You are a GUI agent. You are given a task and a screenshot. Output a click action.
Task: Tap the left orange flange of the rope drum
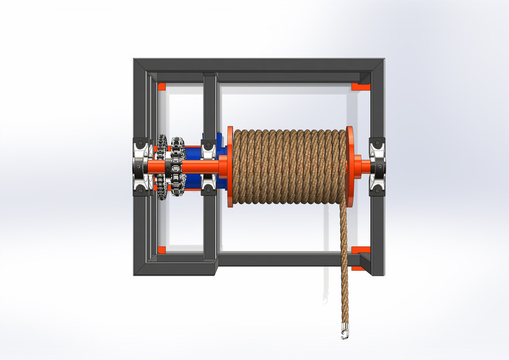point(229,166)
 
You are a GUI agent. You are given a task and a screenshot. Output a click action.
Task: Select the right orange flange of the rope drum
point(351,166)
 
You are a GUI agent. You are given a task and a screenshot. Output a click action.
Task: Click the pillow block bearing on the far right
point(377,166)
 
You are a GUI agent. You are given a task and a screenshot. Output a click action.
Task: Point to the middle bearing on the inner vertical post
point(209,167)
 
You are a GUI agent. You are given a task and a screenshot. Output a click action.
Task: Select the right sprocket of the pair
point(178,167)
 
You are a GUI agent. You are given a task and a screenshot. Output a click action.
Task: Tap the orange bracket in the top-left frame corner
point(162,87)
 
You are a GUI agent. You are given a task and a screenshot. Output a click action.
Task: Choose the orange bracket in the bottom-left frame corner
point(162,249)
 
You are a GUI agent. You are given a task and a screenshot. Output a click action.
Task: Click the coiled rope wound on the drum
point(290,166)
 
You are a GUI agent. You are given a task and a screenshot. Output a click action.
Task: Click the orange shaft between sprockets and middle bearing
point(193,167)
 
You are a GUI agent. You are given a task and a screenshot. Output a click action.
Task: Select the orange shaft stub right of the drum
point(363,166)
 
